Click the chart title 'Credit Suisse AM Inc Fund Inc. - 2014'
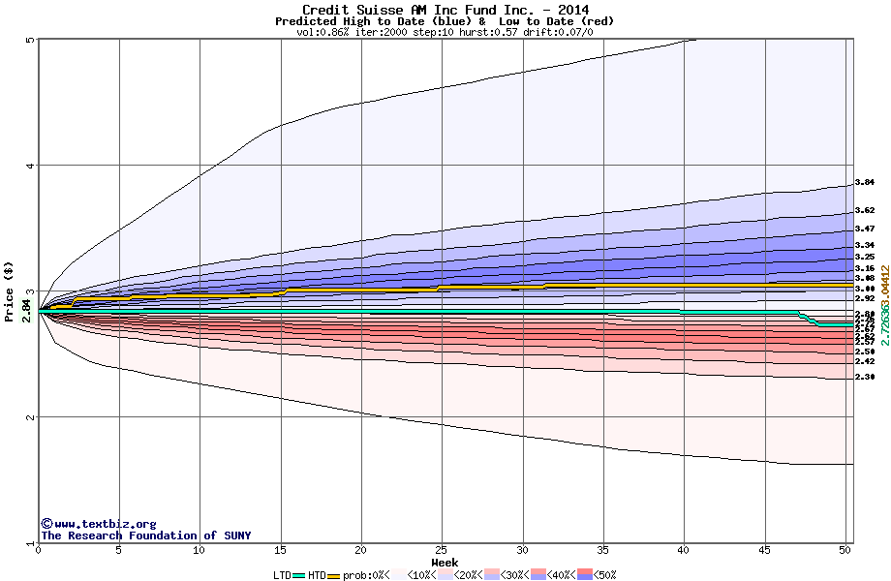pos(445,10)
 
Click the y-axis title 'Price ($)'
pos(10,290)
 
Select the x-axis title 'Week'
pos(445,562)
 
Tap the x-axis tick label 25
pos(442,550)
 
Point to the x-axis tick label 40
pos(684,550)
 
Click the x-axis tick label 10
pos(200,550)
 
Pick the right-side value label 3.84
pos(865,182)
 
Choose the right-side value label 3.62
pos(865,210)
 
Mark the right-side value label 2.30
pos(865,377)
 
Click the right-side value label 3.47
pos(865,229)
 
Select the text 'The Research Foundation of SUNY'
pos(145,535)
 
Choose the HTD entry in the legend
pos(318,575)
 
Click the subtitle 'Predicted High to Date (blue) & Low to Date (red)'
pos(445,21)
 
